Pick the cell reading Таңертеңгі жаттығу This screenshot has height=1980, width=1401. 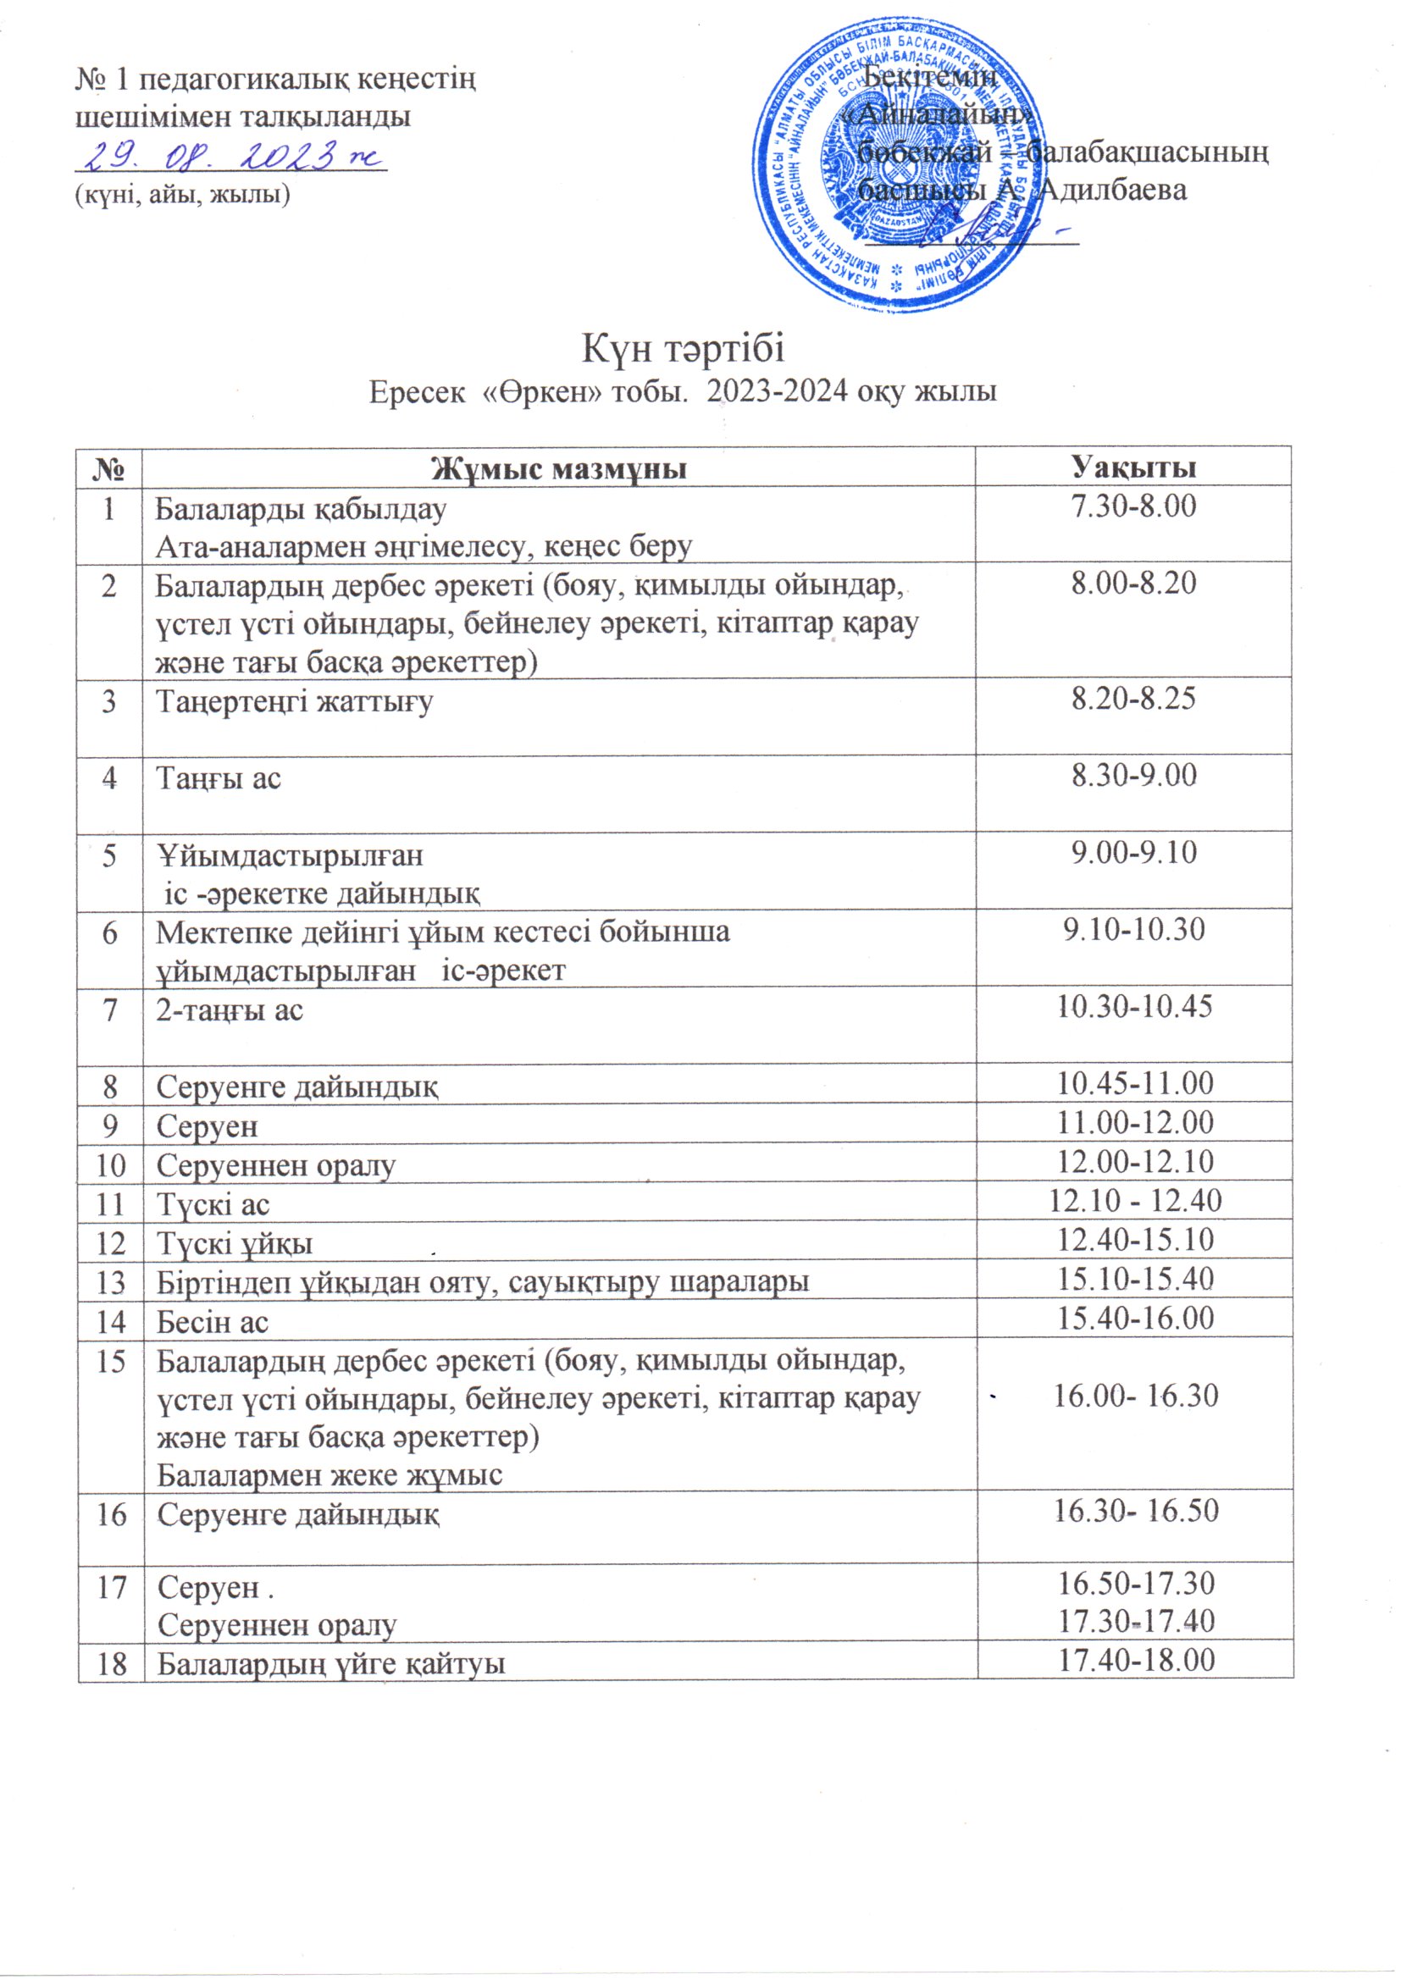[x=294, y=700]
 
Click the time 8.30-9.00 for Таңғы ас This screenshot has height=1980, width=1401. [x=1132, y=775]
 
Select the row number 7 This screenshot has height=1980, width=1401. [x=110, y=1008]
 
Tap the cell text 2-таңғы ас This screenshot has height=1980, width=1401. [x=230, y=1008]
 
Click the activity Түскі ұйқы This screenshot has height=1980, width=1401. [x=234, y=1242]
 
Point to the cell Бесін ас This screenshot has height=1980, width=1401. [x=213, y=1321]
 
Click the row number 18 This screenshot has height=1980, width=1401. [x=110, y=1661]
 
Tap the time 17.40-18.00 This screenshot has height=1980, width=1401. [x=1135, y=1658]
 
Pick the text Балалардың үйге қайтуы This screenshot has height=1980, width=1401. [x=330, y=1662]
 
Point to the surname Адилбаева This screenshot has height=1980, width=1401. [x=1114, y=190]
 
